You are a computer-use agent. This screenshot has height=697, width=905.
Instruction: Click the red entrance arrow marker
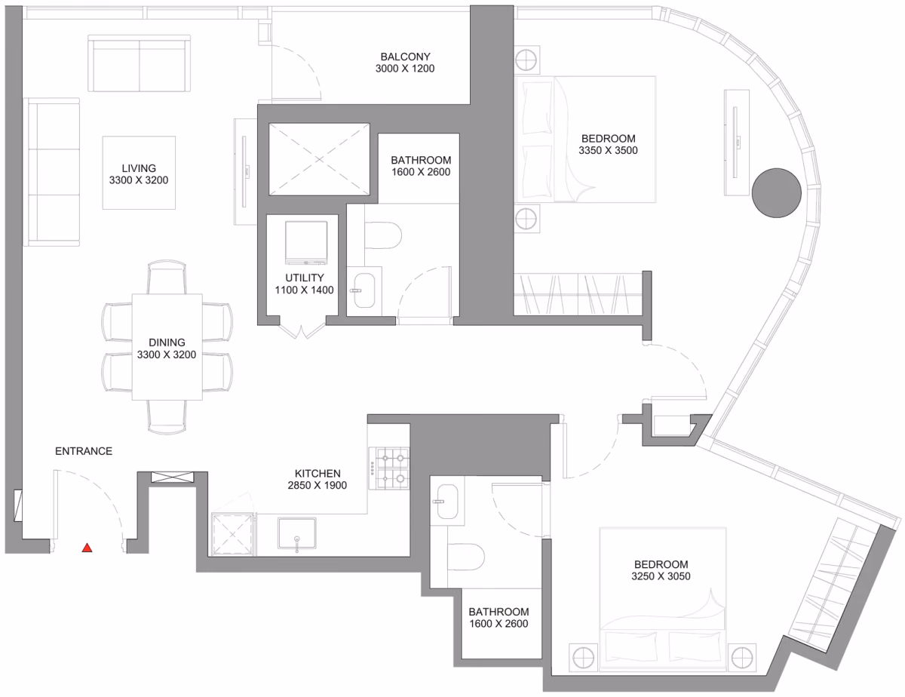click(x=87, y=548)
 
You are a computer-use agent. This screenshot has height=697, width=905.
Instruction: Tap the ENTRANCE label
click(x=84, y=451)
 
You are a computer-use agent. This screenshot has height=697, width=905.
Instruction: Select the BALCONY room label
click(x=405, y=57)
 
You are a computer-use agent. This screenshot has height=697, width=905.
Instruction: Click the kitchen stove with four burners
click(x=389, y=468)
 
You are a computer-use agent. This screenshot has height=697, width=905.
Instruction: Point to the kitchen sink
click(x=297, y=533)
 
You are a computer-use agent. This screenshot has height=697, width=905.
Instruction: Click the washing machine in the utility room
click(x=306, y=242)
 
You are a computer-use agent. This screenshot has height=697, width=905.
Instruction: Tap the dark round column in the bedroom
click(x=776, y=193)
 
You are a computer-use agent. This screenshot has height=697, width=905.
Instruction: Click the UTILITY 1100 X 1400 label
click(x=305, y=284)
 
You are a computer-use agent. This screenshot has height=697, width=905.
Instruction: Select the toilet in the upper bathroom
click(x=383, y=235)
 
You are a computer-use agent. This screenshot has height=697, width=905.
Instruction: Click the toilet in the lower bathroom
click(x=466, y=557)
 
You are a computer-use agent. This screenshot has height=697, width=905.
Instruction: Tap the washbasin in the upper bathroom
click(x=364, y=290)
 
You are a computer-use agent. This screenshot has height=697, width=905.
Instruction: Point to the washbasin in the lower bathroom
click(x=447, y=502)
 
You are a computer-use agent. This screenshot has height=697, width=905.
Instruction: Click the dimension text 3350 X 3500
click(x=608, y=150)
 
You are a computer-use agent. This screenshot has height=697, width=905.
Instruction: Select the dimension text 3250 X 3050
click(x=661, y=576)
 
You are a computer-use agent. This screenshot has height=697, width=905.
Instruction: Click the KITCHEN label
click(x=318, y=474)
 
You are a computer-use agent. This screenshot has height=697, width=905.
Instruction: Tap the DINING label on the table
click(x=167, y=342)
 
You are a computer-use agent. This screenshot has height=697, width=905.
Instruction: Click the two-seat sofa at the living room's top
click(x=139, y=63)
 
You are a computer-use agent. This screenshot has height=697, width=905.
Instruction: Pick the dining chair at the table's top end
click(x=167, y=277)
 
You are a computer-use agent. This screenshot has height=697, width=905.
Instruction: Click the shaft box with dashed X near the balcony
click(x=319, y=159)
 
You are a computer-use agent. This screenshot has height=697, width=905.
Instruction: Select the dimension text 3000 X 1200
click(x=405, y=69)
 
